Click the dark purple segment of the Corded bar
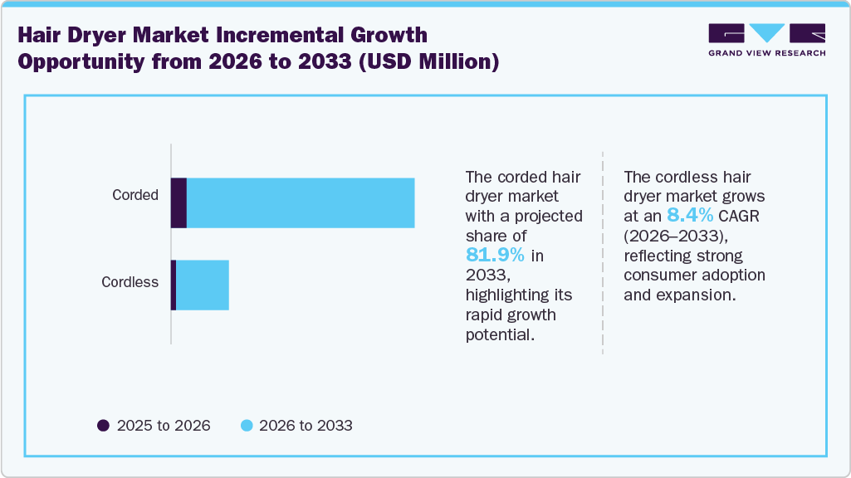click(x=179, y=202)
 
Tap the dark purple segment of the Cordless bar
click(x=174, y=285)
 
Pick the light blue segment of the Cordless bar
click(x=203, y=285)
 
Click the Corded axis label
click(x=135, y=196)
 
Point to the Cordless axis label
click(x=130, y=282)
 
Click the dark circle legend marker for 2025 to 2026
click(x=104, y=426)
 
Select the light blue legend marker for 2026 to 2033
click(x=247, y=426)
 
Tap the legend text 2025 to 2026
click(x=164, y=426)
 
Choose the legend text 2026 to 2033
click(x=306, y=426)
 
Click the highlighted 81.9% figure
click(x=494, y=256)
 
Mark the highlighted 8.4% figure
click(x=691, y=216)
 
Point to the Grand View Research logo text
click(x=766, y=53)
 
